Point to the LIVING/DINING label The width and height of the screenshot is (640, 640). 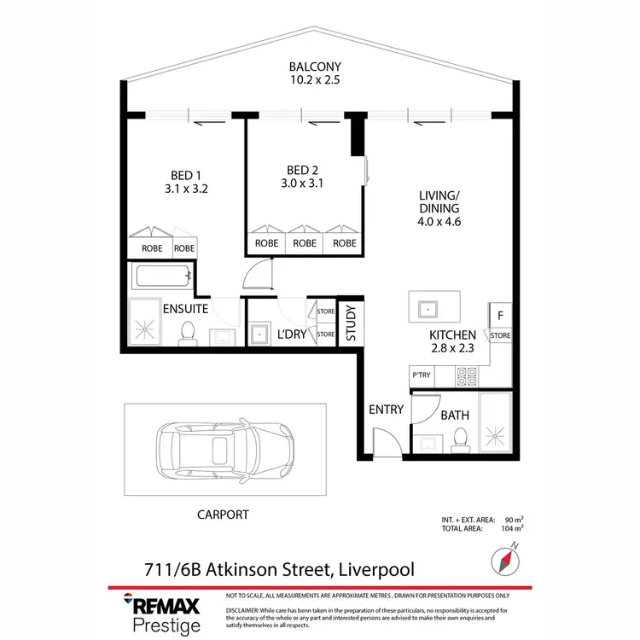439,201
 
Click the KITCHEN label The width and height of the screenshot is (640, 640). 452,335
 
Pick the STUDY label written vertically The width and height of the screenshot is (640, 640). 351,323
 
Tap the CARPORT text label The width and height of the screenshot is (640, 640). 222,515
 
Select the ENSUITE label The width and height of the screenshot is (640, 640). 187,309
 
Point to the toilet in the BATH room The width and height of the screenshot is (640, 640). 461,438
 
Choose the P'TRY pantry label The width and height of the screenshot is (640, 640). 422,374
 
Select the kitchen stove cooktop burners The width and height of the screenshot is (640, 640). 468,373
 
